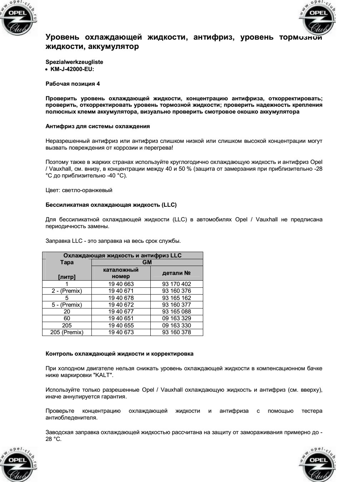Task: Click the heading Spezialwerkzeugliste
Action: tap(75, 62)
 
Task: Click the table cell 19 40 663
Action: tap(121, 284)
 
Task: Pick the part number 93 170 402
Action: tap(176, 284)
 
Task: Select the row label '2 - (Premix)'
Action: tap(67, 291)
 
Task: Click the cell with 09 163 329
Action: tap(176, 318)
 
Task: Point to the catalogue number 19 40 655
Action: tap(121, 326)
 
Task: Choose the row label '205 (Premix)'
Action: tap(67, 332)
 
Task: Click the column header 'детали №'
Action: tap(176, 273)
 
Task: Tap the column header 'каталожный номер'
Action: tap(121, 273)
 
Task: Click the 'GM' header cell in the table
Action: tap(147, 262)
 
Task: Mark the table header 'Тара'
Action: tap(67, 262)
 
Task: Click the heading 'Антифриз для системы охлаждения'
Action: tap(98, 126)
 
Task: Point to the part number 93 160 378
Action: tap(176, 332)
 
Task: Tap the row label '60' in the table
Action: tap(67, 318)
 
